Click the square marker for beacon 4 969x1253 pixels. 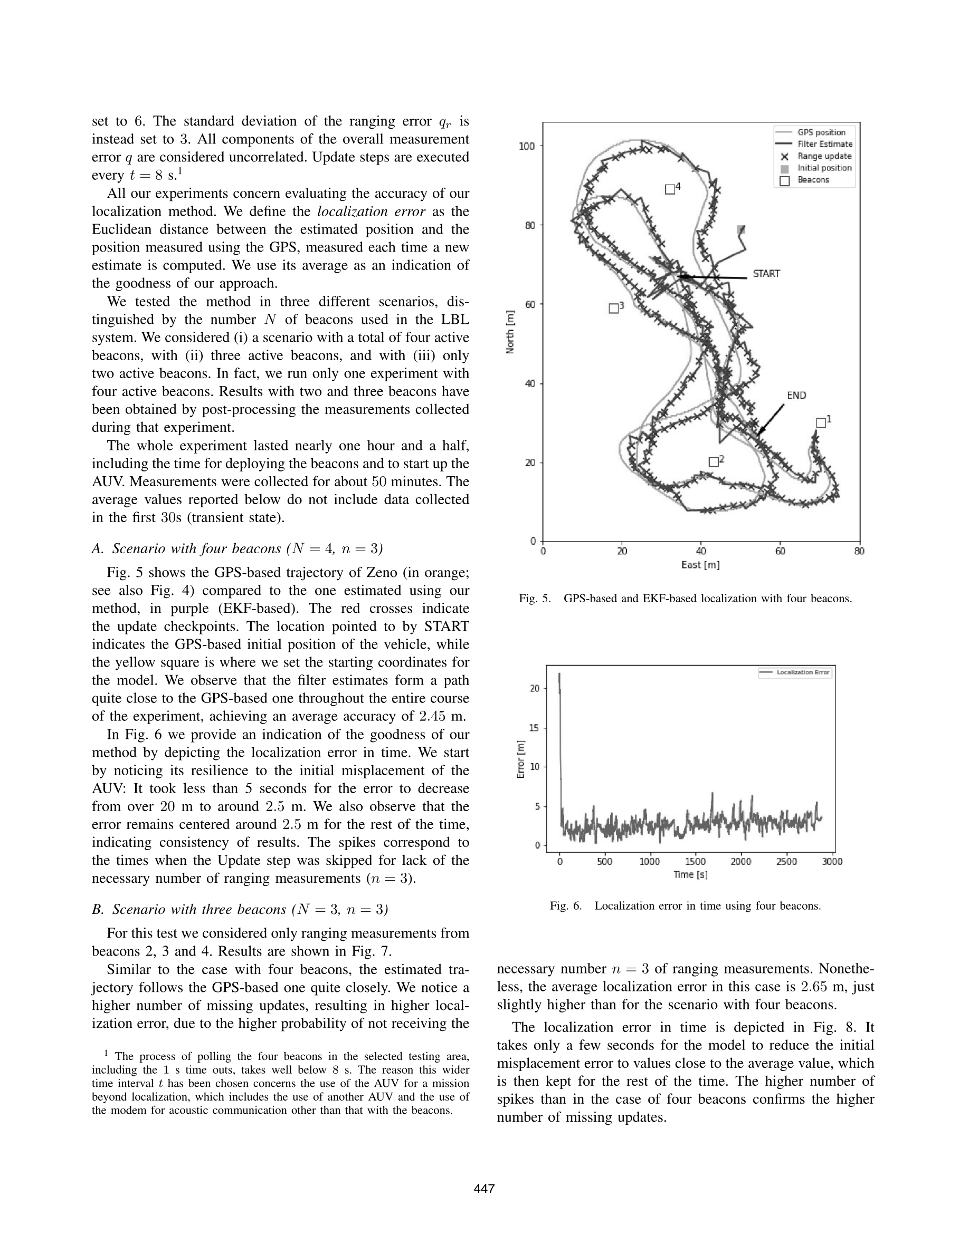click(x=669, y=189)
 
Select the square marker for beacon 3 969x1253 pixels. click(x=613, y=309)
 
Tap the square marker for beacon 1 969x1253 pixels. click(x=821, y=423)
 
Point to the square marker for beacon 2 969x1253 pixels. click(x=714, y=462)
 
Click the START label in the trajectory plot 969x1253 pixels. click(x=766, y=274)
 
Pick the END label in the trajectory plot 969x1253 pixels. click(x=796, y=396)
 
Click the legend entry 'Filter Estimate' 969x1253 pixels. click(x=824, y=144)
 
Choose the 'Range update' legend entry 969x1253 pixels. click(x=824, y=156)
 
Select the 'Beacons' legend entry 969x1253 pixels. click(x=813, y=180)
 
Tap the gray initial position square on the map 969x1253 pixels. click(x=741, y=230)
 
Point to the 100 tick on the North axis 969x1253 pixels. click(x=526, y=146)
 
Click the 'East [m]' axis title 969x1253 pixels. click(x=700, y=565)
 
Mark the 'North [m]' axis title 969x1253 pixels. click(x=510, y=332)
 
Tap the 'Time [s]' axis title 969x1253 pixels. click(x=690, y=875)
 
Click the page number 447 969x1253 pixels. click(x=484, y=1189)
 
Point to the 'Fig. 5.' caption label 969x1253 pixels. click(x=535, y=599)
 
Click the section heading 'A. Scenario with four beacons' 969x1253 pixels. click(x=237, y=549)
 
